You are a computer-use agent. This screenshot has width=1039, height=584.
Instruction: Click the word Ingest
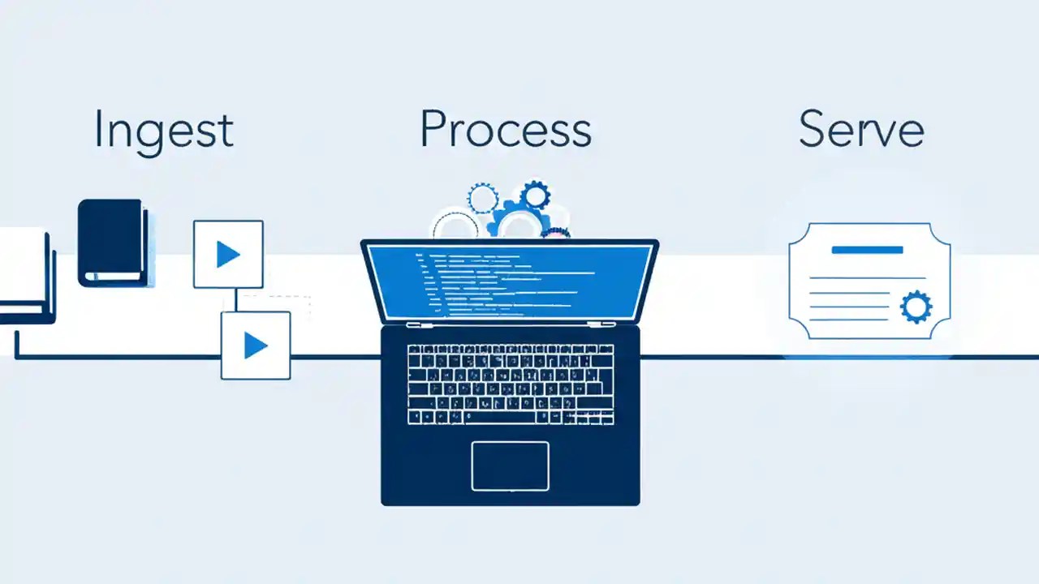click(163, 130)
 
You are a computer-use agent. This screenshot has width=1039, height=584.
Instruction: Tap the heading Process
click(505, 128)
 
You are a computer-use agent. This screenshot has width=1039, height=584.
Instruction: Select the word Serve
click(860, 128)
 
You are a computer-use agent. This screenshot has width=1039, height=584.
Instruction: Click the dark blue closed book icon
click(113, 243)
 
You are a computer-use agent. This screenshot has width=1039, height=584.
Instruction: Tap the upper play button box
click(228, 254)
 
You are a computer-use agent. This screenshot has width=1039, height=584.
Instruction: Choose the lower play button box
click(256, 346)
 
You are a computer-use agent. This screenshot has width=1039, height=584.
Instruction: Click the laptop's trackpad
click(510, 466)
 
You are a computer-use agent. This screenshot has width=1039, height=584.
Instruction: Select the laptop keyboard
click(510, 384)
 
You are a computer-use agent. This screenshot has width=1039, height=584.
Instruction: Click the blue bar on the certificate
click(867, 250)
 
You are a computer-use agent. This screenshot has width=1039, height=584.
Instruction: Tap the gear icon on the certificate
click(916, 307)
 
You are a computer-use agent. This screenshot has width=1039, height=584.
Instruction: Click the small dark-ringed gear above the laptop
click(535, 195)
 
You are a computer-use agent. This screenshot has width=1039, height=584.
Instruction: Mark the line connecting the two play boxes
click(235, 299)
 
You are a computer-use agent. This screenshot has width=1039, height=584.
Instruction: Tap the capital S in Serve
click(813, 128)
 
